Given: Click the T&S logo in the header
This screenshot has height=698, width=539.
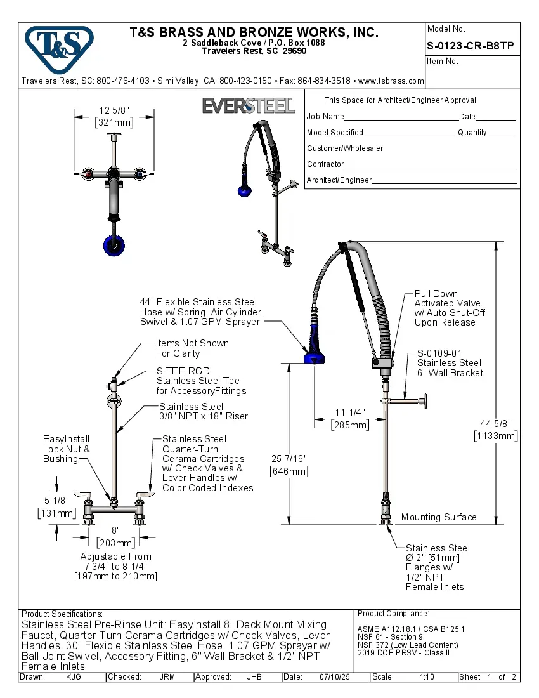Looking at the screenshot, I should click(x=59, y=46).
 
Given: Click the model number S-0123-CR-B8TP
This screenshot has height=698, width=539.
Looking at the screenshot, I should click(x=470, y=46).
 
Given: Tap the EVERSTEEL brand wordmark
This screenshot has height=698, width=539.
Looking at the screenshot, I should click(x=249, y=105).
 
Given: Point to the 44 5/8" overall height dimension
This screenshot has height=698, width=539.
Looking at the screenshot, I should click(x=495, y=424).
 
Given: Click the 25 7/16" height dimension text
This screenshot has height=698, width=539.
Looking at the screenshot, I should click(x=289, y=458).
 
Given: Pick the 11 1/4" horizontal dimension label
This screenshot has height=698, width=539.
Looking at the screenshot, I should click(x=349, y=412).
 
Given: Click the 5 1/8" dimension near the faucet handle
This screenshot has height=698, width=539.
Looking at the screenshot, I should click(x=56, y=501).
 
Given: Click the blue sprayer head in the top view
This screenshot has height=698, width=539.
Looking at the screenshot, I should click(x=114, y=244).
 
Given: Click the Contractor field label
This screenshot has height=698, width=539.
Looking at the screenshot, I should click(x=325, y=164).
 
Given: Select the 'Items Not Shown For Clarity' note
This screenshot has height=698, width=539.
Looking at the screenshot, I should click(x=192, y=348).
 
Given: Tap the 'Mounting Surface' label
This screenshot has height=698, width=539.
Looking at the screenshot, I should click(x=438, y=517).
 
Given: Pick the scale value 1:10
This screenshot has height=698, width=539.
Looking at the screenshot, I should click(x=427, y=677).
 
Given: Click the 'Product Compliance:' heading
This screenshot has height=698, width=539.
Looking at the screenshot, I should click(x=393, y=614).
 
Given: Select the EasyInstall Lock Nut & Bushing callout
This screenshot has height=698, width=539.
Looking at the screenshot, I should click(x=66, y=449).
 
